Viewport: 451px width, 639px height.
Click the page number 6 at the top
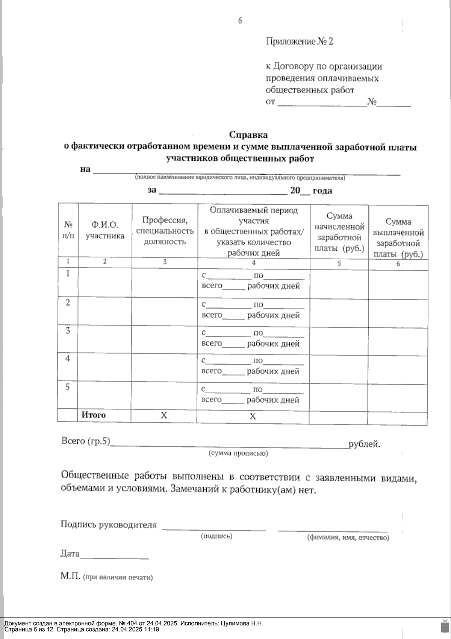240,21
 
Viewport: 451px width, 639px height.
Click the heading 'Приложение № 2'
299,41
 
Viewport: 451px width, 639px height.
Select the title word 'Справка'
248,134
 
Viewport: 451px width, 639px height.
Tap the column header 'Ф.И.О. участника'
105,230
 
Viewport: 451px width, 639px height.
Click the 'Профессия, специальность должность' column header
165,230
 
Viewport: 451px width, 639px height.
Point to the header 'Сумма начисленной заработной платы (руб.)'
339,232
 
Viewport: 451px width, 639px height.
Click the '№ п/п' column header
68,231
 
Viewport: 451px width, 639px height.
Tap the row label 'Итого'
94,415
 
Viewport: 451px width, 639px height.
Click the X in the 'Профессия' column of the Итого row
164,415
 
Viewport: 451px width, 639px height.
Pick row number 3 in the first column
68,331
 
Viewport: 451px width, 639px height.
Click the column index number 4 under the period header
254,263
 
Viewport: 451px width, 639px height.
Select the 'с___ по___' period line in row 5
253,389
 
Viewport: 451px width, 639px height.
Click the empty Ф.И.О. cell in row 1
105,282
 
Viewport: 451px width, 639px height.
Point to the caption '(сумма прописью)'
238,453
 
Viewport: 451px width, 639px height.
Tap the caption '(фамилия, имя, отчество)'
348,538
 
